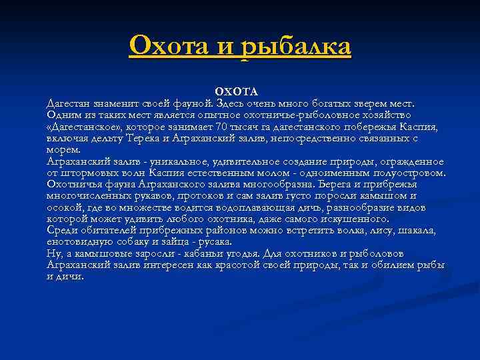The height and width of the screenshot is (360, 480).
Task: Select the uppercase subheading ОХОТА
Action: click(235, 91)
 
